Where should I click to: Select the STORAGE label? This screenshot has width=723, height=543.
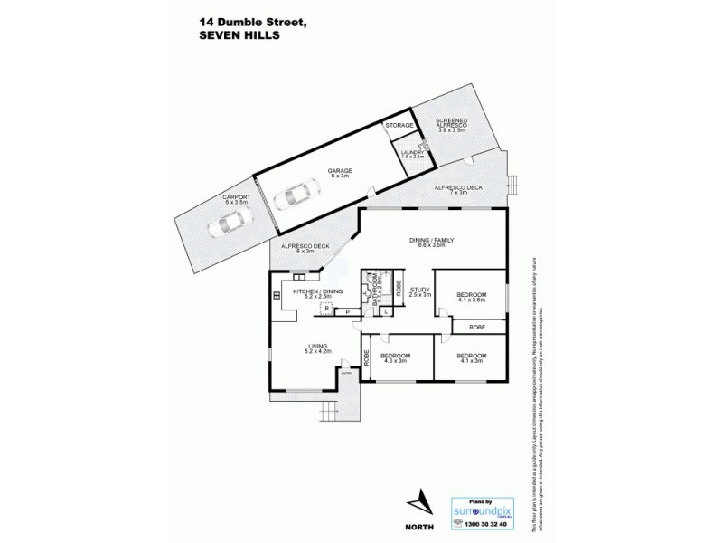click(399, 125)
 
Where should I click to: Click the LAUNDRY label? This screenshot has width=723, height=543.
click(413, 154)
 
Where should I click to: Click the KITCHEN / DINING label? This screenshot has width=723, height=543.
click(312, 293)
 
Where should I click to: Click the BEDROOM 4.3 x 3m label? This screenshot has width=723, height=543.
click(395, 357)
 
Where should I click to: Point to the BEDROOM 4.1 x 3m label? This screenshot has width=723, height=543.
click(471, 357)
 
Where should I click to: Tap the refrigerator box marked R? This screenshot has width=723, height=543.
click(327, 309)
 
